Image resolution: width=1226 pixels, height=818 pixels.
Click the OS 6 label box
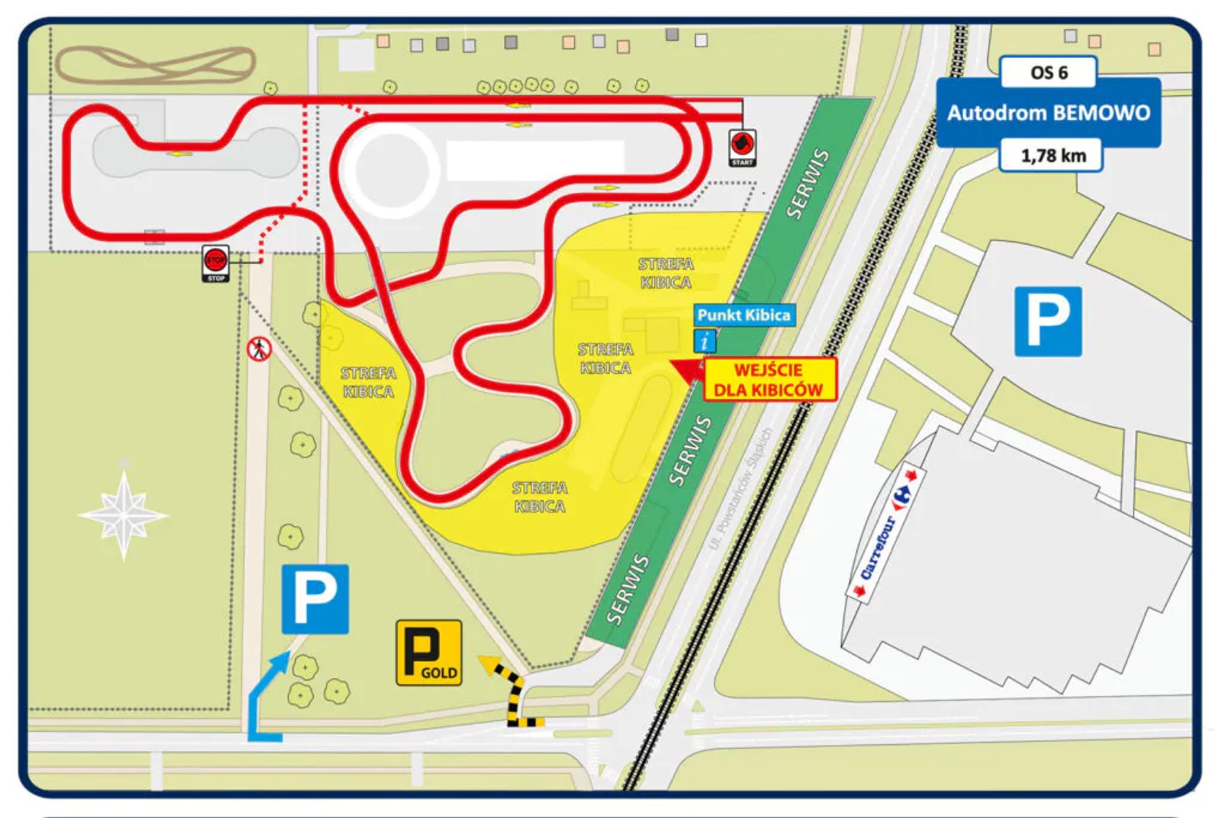[x=1048, y=72]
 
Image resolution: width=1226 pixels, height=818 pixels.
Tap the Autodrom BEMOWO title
[x=1048, y=113]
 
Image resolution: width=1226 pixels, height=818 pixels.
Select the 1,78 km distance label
[x=1052, y=155]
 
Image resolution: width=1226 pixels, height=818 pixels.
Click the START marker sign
[x=742, y=147]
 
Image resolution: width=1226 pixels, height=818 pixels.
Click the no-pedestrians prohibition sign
[x=259, y=349]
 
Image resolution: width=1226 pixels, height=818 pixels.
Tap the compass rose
[x=123, y=515]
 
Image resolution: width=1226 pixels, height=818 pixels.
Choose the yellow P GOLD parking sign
[x=428, y=652]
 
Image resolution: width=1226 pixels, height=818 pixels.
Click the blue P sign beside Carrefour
[x=1047, y=321]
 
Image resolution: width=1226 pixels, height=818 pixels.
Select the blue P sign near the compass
[x=315, y=599]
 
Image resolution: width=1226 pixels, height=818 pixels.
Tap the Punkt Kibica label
[x=743, y=315]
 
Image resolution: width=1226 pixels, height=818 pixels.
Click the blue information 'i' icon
[x=704, y=341]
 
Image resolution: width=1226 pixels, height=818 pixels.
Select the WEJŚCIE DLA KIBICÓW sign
[x=769, y=380]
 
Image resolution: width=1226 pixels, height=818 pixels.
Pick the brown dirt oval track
[x=155, y=65]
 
